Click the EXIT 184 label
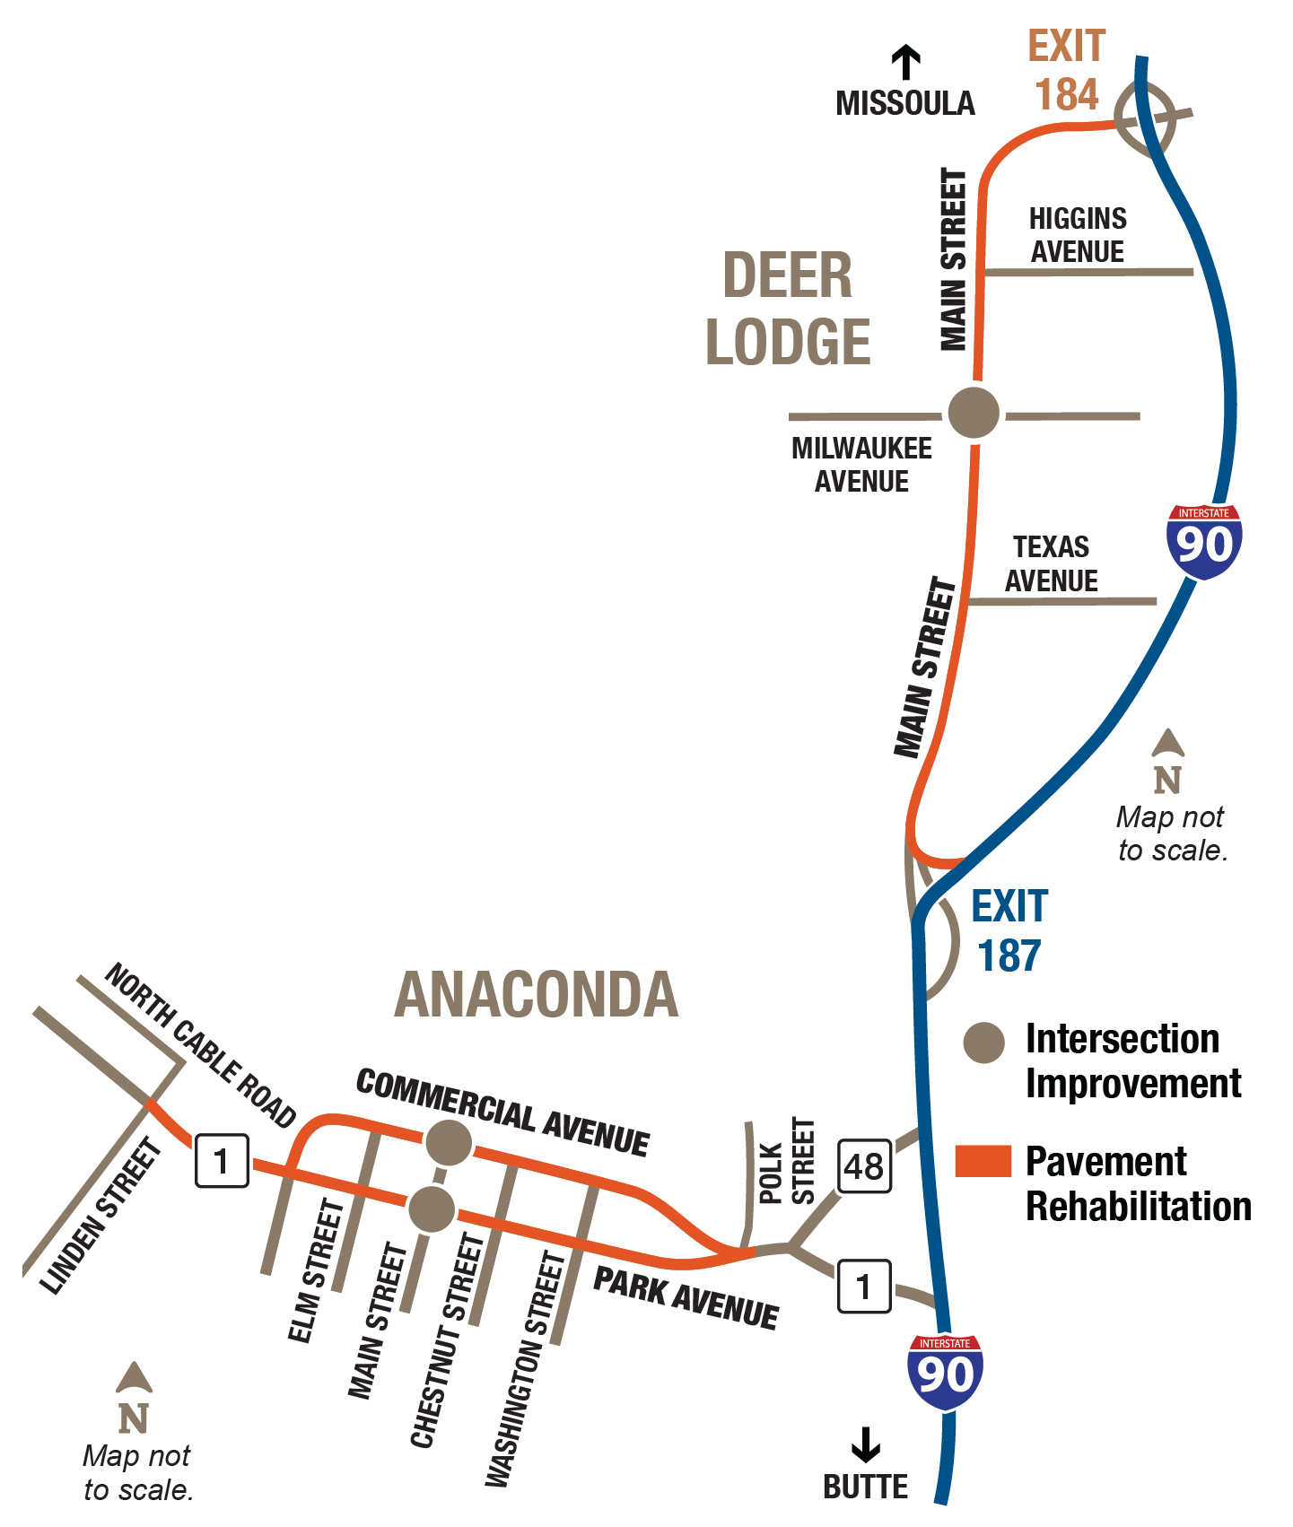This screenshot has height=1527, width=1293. coord(1067,70)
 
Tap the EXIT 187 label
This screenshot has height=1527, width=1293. coord(1009,930)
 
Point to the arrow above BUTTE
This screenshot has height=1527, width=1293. coord(866,1444)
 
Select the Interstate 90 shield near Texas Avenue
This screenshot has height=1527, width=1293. coord(1204,541)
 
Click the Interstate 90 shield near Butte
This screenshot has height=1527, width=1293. coord(946,1371)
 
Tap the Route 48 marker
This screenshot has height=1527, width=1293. coord(864,1166)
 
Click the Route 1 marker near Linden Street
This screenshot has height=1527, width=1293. coord(222,1161)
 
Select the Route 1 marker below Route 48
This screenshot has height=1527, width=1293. coord(864,1287)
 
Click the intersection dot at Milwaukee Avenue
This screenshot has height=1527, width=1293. coord(974,413)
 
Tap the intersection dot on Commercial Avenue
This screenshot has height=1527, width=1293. coord(448,1142)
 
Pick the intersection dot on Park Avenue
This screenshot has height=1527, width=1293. coord(432,1209)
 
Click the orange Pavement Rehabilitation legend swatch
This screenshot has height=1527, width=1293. coord(983,1160)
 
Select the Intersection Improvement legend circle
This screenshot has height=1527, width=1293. coord(983,1043)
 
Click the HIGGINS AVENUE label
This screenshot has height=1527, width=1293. coord(1077,235)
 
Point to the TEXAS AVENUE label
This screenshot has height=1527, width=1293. coord(1051,563)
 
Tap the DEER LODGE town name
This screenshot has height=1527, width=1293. coord(788,308)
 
